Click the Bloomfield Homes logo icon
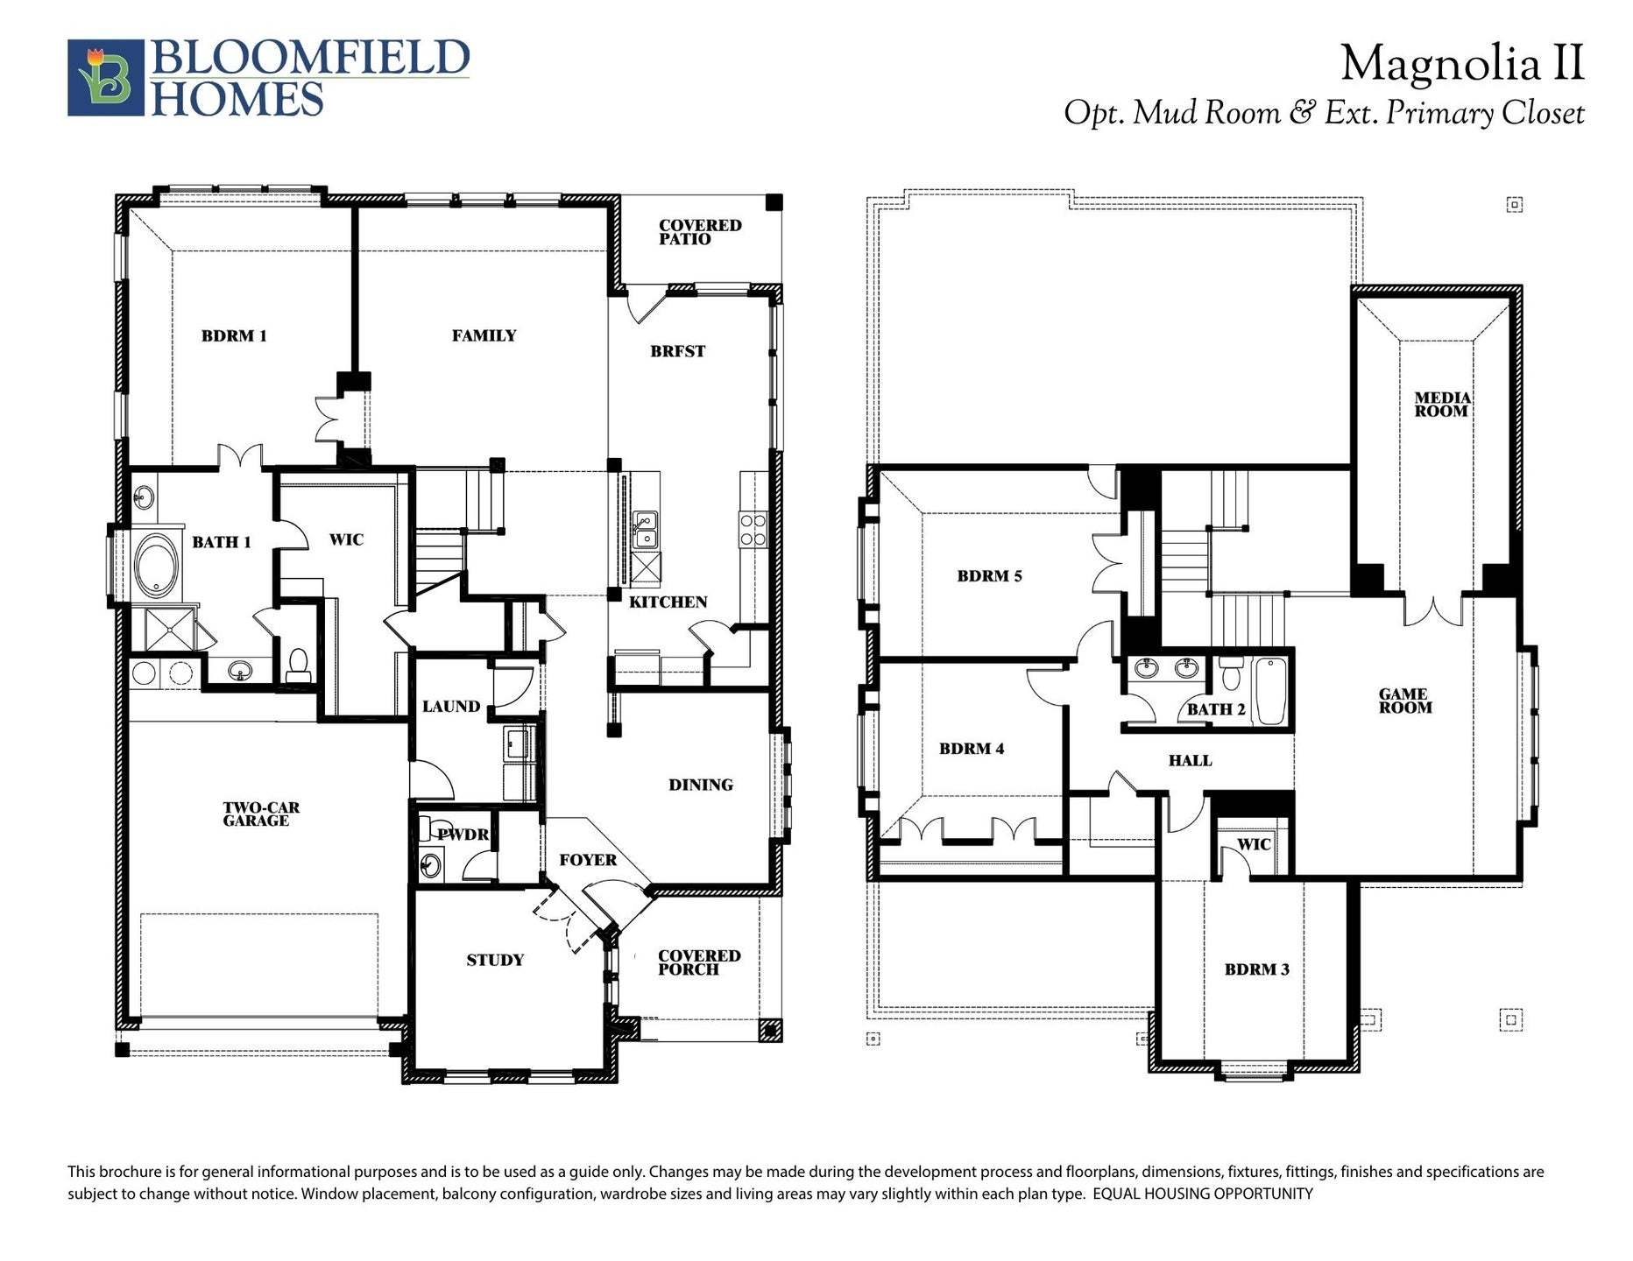tap(106, 77)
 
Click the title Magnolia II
tap(1461, 64)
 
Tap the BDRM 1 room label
tap(234, 335)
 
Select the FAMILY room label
tap(484, 335)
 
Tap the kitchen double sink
tap(647, 529)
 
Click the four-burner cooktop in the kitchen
tap(753, 530)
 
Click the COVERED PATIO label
tap(699, 232)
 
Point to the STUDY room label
tap(495, 960)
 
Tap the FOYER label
tap(588, 860)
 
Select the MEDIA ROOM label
tap(1442, 404)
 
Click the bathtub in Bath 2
tap(1269, 692)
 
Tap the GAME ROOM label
tap(1404, 701)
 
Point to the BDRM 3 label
tap(1256, 969)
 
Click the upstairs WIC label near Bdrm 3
tap(1253, 844)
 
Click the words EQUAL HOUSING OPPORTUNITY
tap(1203, 1194)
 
